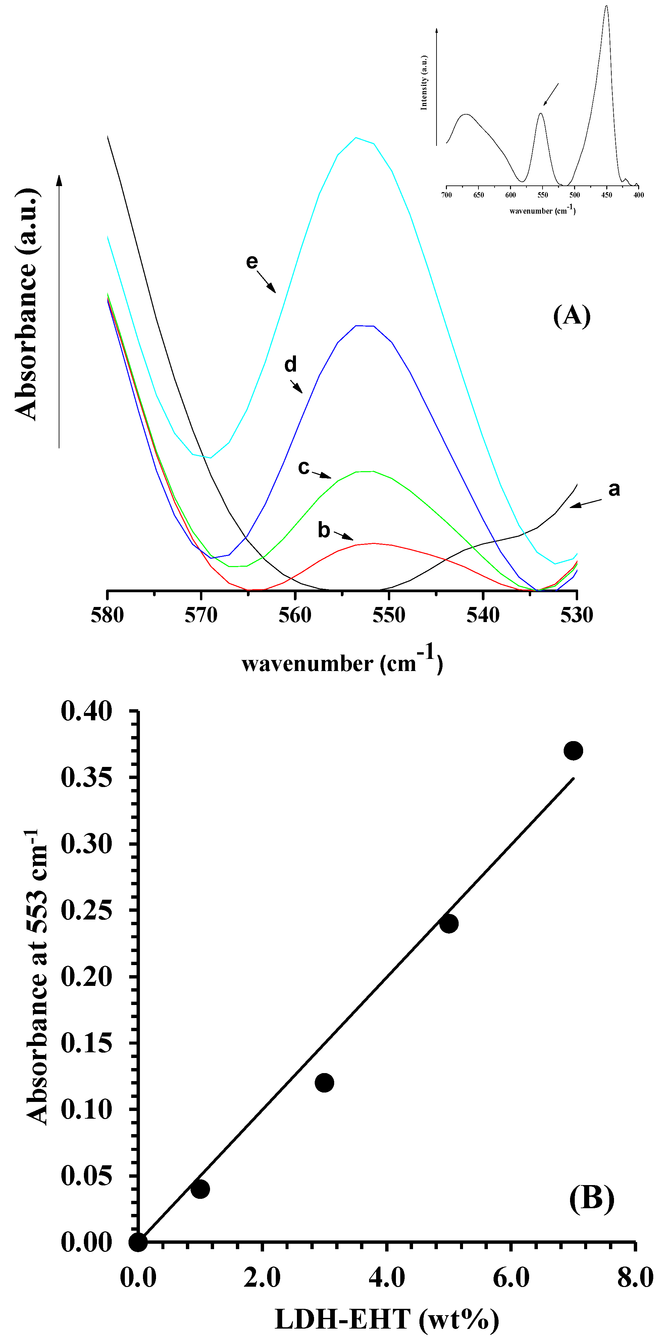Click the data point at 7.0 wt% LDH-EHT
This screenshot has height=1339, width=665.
point(573,750)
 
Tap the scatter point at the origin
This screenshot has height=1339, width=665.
point(138,1242)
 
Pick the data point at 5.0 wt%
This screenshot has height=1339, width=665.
point(449,924)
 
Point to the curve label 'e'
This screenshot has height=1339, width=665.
point(252,262)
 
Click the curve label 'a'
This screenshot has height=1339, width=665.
point(614,489)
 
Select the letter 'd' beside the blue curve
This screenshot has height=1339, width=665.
point(291,365)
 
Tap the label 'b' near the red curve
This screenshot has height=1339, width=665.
point(324,530)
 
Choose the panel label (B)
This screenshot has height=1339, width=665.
point(591,1198)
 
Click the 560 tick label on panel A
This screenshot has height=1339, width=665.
point(295,615)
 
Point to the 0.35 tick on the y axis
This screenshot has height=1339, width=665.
point(86,778)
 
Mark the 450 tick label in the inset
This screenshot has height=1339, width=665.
point(607,195)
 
